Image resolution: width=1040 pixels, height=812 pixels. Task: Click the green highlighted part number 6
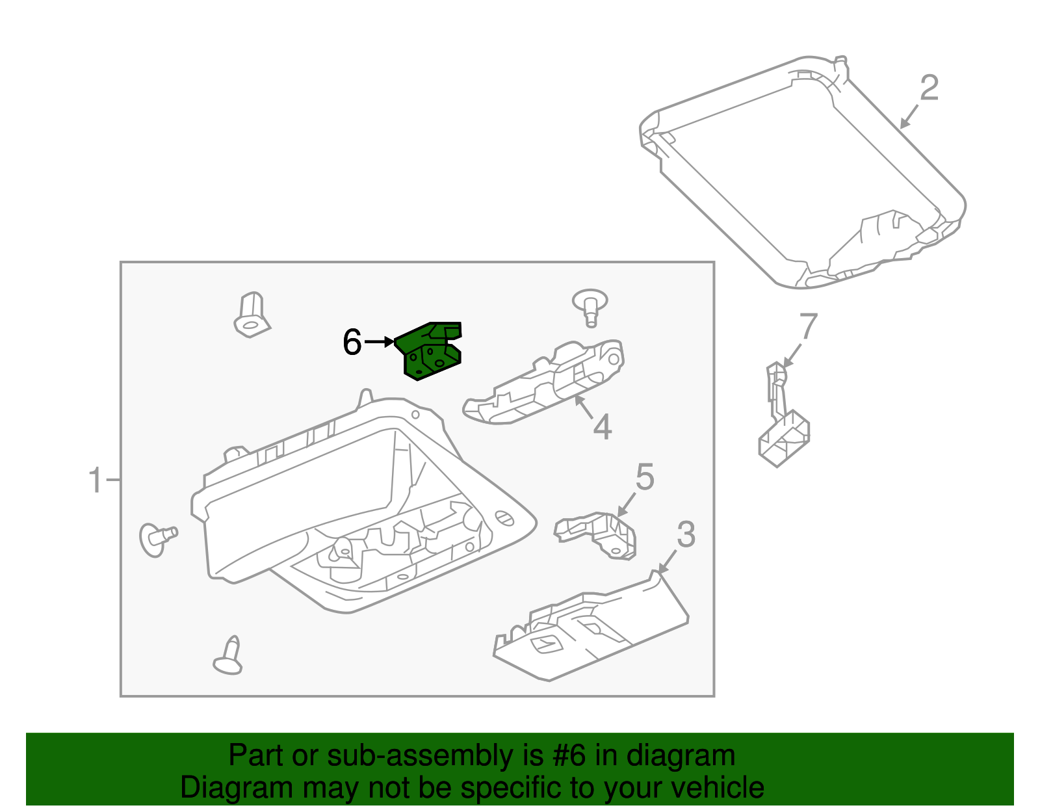[x=430, y=352]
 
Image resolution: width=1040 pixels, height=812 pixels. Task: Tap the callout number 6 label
[x=352, y=342]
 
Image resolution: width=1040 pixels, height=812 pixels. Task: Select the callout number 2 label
[x=929, y=88]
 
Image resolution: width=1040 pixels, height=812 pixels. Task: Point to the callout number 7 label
[x=807, y=327]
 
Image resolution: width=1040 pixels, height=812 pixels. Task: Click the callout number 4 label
[x=603, y=428]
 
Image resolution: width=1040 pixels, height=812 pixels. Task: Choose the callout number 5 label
[x=644, y=478]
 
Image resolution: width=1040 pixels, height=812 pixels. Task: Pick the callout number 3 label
[x=686, y=535]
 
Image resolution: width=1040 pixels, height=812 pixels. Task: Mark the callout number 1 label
[x=96, y=480]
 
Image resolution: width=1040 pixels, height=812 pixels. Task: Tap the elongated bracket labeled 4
[x=545, y=384]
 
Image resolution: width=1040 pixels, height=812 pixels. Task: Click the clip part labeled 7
[x=783, y=420]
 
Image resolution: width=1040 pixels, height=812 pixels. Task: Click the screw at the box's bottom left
[x=229, y=656]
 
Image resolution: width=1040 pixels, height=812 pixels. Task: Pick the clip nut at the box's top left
[x=252, y=315]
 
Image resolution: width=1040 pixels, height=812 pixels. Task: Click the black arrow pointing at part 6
[x=380, y=341]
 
